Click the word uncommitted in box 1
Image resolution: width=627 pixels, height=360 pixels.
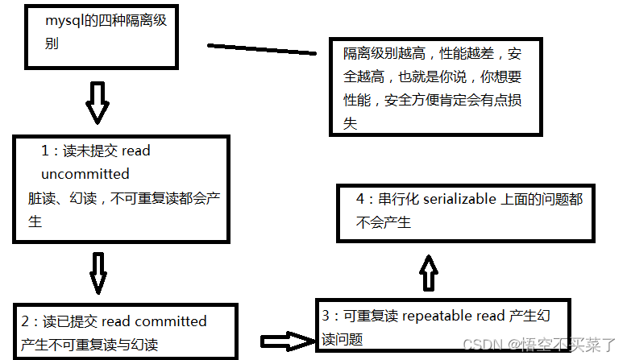pyautogui.click(x=85, y=174)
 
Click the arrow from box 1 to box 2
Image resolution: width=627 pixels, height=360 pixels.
pyautogui.click(x=98, y=272)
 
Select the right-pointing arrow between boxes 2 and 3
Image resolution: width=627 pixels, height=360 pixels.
pyautogui.click(x=287, y=341)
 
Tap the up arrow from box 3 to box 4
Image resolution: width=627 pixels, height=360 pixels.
pyautogui.click(x=429, y=273)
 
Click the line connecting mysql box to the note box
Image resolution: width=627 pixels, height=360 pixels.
pyautogui.click(x=263, y=49)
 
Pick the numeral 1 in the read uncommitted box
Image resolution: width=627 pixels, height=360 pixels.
pyautogui.click(x=45, y=151)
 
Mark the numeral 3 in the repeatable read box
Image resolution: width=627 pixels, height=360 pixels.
pyautogui.click(x=325, y=317)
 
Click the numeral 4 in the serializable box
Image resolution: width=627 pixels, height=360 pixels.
pyautogui.click(x=360, y=199)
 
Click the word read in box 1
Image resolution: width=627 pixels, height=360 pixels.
pyautogui.click(x=137, y=151)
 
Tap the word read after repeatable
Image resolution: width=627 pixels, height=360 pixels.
pyautogui.click(x=491, y=317)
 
